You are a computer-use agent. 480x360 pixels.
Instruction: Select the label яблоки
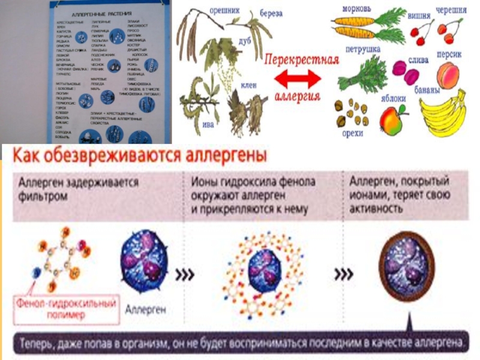[393, 98]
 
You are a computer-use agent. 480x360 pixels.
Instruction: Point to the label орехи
[352, 133]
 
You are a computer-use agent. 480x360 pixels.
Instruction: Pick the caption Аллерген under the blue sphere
[145, 311]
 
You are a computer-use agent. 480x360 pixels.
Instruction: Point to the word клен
[249, 85]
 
